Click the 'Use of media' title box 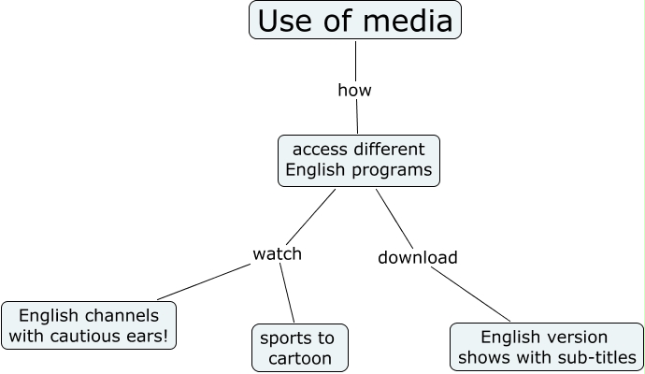tap(355, 21)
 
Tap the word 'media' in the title tap(412, 21)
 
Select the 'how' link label tap(354, 91)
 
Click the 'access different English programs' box tap(358, 160)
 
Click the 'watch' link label tap(278, 253)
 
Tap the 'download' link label tap(417, 257)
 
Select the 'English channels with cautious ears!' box tap(89, 325)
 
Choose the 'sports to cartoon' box tap(299, 348)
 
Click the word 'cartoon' tap(299, 359)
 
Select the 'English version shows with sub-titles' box tap(546, 347)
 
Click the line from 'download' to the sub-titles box tap(472, 295)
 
